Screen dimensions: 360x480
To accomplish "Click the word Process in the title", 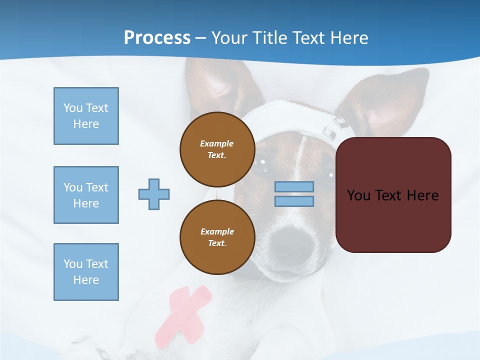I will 157,38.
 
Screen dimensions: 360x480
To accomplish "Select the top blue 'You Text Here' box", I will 86,116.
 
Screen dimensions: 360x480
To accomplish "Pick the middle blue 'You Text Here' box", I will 86,195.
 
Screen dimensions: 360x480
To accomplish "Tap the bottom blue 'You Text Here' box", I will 86,272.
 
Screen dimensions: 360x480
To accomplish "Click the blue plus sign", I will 154,194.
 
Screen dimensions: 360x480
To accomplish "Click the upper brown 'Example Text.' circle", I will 217,149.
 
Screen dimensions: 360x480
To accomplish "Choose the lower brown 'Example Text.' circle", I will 217,237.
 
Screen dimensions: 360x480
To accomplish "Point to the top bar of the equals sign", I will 294,186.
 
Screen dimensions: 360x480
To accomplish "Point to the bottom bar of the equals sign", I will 294,201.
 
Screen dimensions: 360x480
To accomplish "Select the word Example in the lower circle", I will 217,231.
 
